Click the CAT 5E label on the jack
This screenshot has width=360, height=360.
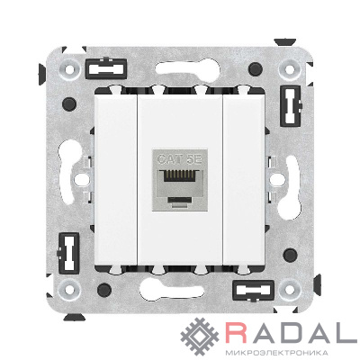coord(179,158)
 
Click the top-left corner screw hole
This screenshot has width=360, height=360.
coord(70,69)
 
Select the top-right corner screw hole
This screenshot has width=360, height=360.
coord(290,69)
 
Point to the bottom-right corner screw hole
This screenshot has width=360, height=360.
coord(290,290)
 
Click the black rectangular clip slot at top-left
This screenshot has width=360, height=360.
coord(106,68)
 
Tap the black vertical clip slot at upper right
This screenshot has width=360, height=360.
coord(291,106)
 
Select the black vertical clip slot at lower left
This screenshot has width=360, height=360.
coord(68,253)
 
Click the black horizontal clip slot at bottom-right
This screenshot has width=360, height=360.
coord(254,291)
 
